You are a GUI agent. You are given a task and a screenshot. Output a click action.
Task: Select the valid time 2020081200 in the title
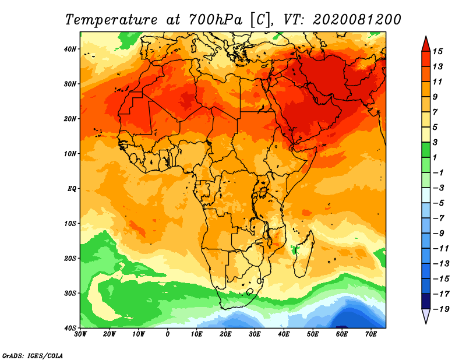click(x=356, y=19)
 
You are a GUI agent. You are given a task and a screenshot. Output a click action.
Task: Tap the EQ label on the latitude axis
click(x=72, y=188)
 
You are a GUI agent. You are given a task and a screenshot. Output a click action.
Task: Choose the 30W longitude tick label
click(x=81, y=334)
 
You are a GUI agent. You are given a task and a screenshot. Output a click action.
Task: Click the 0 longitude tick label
click(x=168, y=334)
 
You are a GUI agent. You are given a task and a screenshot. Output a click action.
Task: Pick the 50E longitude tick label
click(x=313, y=334)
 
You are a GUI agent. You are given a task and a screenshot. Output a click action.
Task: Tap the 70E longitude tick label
click(x=371, y=334)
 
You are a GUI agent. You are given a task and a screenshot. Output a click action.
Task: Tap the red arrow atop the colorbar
click(x=425, y=43)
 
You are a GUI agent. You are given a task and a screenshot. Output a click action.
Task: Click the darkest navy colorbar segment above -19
click(x=425, y=301)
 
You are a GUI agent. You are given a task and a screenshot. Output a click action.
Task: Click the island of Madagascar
click(x=303, y=250)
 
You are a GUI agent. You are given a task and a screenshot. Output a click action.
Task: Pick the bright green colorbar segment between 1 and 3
click(x=425, y=149)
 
